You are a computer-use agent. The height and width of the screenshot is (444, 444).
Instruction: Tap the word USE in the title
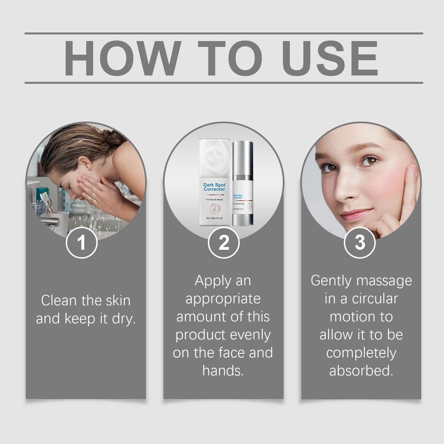[330, 58]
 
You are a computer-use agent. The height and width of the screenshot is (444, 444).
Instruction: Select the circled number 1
[82, 243]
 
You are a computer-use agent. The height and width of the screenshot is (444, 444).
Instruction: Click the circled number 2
[224, 243]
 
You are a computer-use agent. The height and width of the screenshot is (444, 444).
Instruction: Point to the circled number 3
[360, 243]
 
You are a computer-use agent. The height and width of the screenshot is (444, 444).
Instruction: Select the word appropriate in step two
[223, 299]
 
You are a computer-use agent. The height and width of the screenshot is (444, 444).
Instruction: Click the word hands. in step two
[223, 371]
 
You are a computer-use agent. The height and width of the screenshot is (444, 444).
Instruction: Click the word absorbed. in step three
[361, 371]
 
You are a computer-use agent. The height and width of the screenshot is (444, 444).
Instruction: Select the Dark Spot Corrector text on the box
[214, 187]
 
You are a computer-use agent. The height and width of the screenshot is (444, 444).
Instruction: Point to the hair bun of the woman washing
[114, 137]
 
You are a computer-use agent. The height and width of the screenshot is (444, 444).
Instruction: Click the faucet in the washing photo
[50, 221]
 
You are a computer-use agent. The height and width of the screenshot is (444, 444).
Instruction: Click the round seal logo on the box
[214, 208]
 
